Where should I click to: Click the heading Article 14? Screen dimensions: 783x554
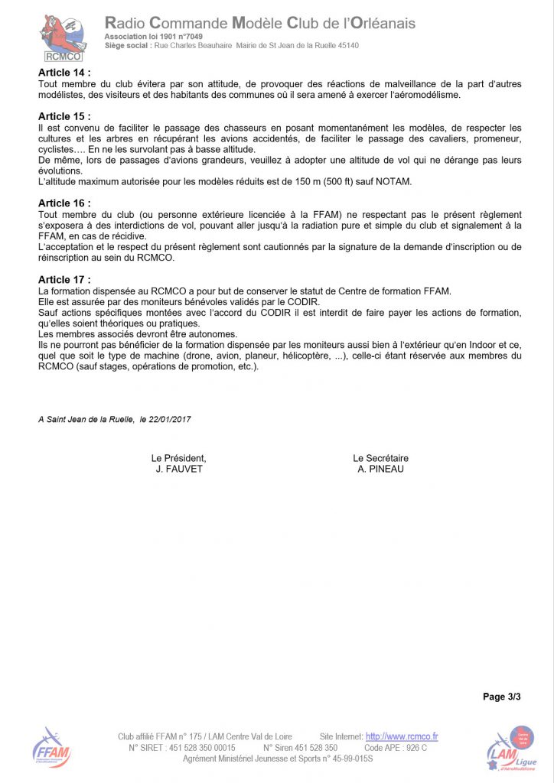click(64, 73)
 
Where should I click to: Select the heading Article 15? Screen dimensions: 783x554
click(64, 116)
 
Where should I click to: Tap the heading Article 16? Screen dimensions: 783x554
click(64, 203)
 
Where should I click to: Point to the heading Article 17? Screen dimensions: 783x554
click(64, 280)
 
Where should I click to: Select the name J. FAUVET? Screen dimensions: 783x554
click(178, 469)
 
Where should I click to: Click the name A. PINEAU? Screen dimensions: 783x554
click(380, 469)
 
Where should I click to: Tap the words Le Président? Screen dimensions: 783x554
click(178, 458)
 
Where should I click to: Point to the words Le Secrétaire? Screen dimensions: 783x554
click(380, 458)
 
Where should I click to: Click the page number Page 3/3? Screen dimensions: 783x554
click(501, 697)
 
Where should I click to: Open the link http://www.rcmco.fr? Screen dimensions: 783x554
click(401, 737)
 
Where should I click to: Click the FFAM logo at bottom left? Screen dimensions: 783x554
click(51, 748)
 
